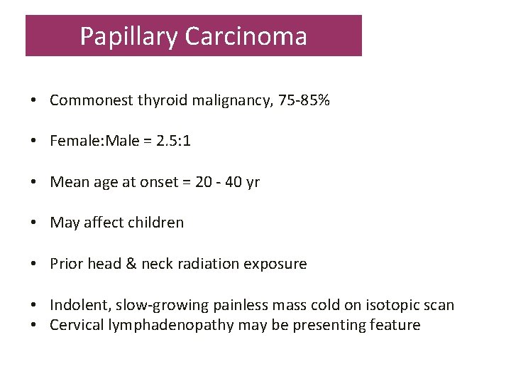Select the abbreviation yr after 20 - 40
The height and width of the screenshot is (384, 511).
(x=252, y=182)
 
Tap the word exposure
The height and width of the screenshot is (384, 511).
(x=275, y=264)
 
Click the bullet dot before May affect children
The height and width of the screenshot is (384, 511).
(x=34, y=223)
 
